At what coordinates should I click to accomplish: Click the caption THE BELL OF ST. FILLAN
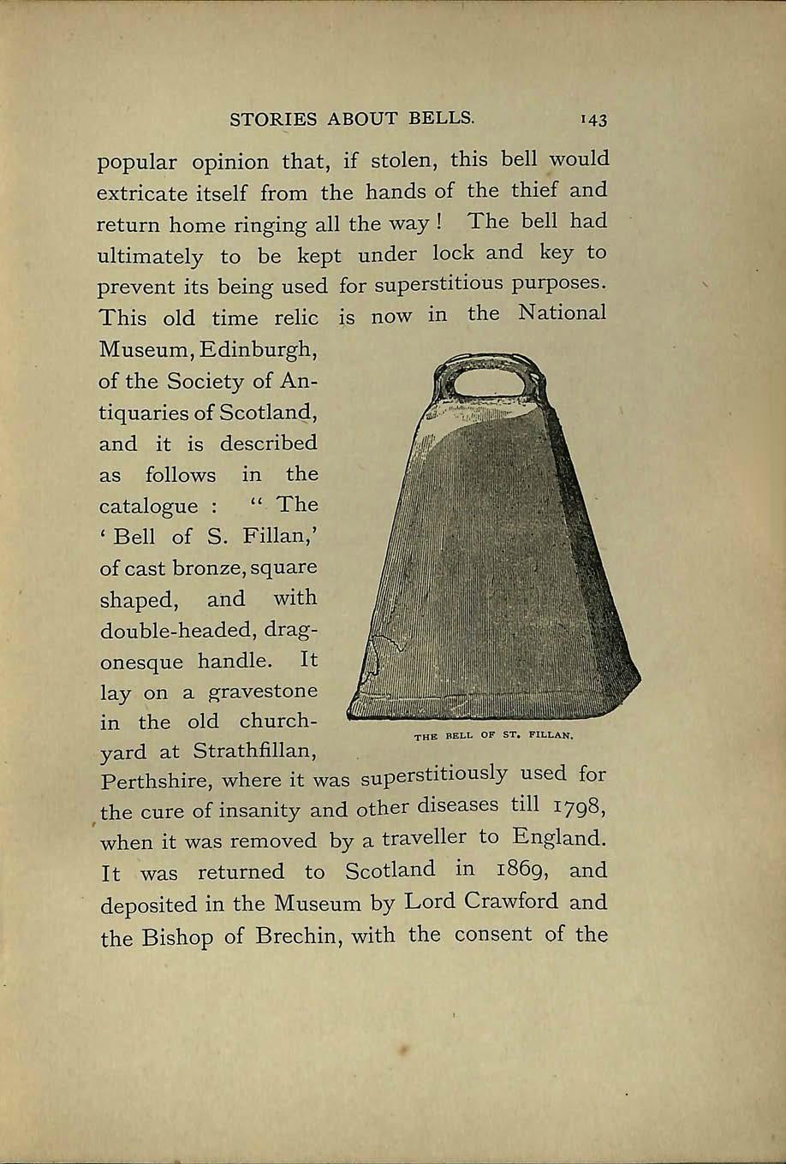[x=492, y=735]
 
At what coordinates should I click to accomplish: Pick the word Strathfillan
[x=255, y=751]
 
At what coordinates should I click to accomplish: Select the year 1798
[x=579, y=806]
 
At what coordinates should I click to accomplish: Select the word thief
[x=534, y=190]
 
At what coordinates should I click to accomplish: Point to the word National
[x=563, y=313]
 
